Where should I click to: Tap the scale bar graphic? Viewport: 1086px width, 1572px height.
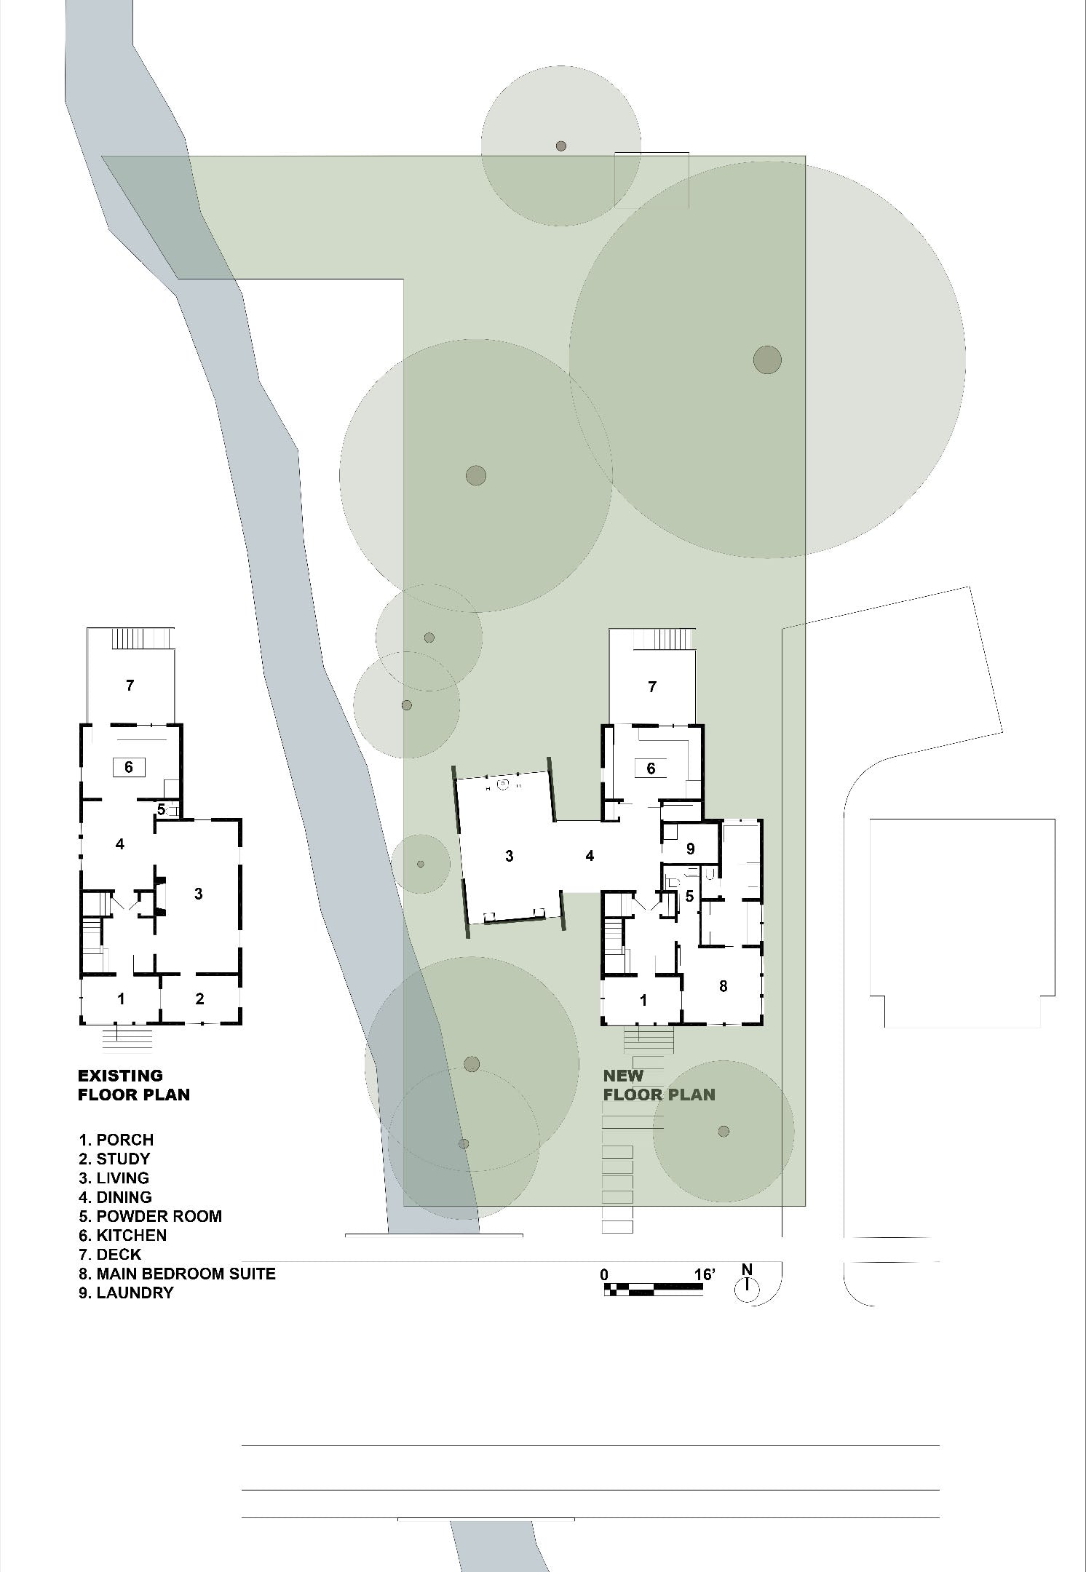[x=653, y=1290]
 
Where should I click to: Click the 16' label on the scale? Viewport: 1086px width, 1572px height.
[x=704, y=1274]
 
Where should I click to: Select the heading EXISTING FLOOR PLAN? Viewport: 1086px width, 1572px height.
[x=133, y=1084]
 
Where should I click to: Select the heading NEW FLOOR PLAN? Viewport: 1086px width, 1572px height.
[x=659, y=1084]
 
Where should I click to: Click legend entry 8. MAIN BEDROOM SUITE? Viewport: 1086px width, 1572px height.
[x=177, y=1274]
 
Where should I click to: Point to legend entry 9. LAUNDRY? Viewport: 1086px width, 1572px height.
[x=126, y=1293]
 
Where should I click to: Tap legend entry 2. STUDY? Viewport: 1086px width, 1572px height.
[x=114, y=1159]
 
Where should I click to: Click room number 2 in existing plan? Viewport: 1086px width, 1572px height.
[x=200, y=999]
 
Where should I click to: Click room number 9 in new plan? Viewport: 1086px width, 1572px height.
[x=691, y=849]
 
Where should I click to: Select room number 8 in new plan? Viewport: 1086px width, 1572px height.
[x=723, y=986]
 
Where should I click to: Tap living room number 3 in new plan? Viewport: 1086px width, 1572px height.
[x=510, y=856]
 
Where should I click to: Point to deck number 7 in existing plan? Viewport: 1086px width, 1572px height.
[x=130, y=685]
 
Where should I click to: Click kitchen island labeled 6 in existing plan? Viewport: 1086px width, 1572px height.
[x=129, y=767]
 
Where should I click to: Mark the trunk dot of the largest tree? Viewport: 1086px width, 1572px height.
[x=767, y=360]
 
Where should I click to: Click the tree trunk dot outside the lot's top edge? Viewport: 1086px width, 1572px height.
[x=560, y=146]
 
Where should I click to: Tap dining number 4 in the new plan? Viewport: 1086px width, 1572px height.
[x=590, y=856]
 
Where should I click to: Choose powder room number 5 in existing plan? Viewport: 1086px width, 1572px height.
[x=162, y=809]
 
